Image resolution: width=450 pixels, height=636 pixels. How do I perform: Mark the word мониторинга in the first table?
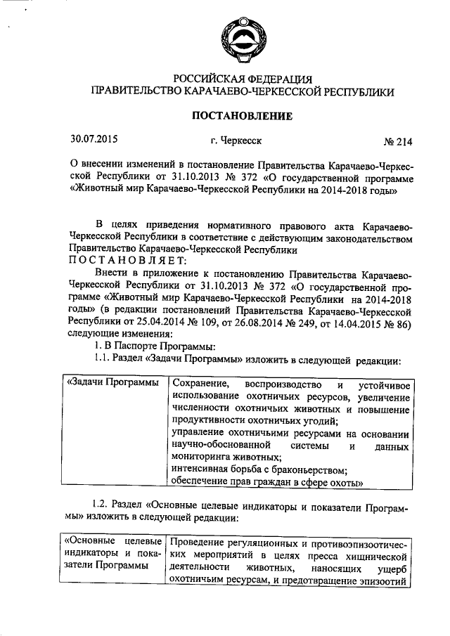tap(203, 457)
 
